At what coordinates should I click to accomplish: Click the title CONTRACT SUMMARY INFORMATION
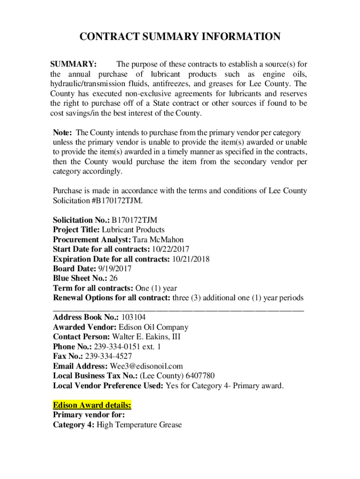[180, 37]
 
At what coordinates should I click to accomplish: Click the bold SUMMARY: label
[73, 64]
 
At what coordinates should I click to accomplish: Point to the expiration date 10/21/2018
[191, 259]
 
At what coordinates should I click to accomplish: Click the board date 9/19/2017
[115, 269]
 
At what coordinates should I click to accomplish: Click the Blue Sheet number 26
[113, 278]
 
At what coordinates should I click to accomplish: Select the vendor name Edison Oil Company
[153, 327]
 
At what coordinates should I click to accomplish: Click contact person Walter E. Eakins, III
[146, 337]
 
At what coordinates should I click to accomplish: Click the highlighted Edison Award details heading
[92, 405]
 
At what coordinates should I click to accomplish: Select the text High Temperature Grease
[139, 425]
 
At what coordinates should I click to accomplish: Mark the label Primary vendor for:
[89, 415]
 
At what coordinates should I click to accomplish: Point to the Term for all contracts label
[93, 288]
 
